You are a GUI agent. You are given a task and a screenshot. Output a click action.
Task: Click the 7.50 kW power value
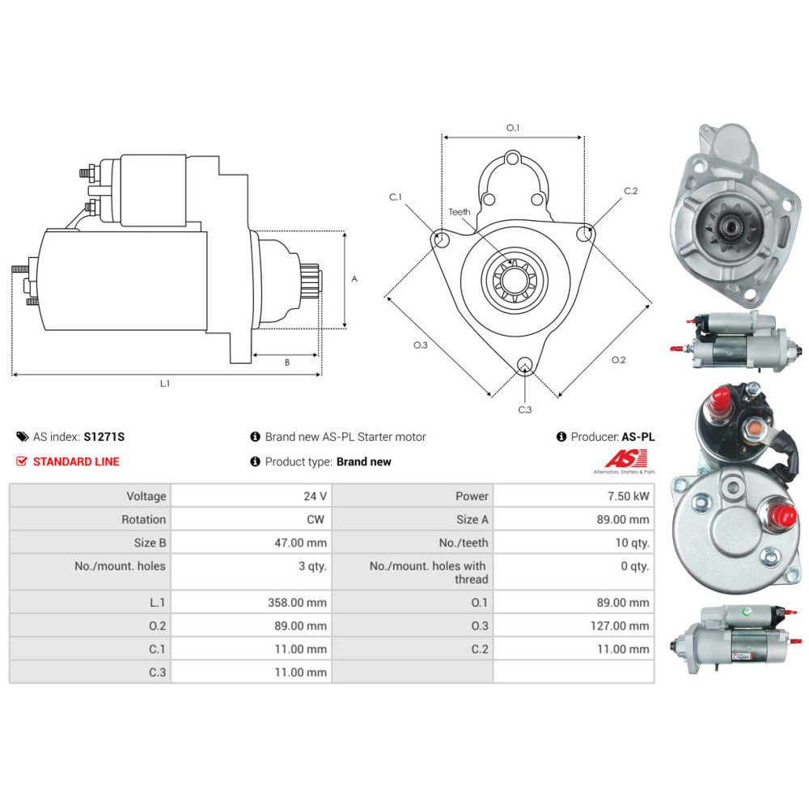630,496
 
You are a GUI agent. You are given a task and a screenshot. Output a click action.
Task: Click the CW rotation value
316,519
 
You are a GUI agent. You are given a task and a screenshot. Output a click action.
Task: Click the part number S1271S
104,437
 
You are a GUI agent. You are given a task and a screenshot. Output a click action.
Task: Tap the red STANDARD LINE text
76,462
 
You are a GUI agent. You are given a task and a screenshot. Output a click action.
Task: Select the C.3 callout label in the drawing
525,409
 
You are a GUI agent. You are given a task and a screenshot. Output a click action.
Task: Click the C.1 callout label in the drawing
396,197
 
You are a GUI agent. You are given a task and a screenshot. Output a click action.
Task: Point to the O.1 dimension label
512,128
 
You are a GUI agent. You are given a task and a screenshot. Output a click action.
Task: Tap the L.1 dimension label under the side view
165,383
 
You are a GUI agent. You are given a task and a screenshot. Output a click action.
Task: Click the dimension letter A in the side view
354,279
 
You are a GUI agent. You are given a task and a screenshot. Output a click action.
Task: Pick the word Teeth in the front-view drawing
460,212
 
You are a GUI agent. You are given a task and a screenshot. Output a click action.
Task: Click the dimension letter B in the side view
286,362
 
